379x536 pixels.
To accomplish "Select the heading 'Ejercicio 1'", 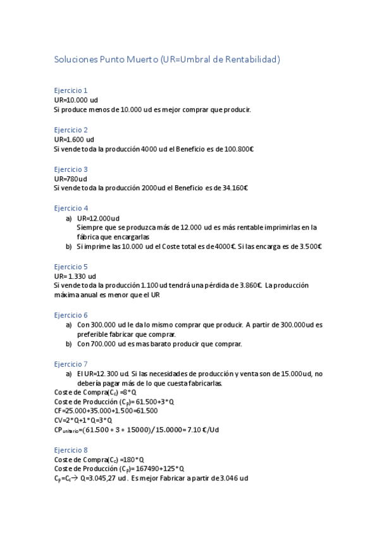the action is point(71,90).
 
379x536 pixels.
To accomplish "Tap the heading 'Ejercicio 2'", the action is point(71,130).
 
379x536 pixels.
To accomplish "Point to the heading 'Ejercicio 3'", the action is point(71,169).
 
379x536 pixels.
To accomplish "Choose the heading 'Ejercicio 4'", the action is point(71,208).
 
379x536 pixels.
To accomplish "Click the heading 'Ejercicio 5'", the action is point(71,267).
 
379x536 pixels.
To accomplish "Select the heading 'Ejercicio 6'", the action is point(71,315).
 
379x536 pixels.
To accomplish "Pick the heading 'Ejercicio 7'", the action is point(71,364).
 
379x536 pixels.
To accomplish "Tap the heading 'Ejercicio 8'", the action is point(71,449).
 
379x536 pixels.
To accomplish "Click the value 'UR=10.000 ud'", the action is point(76,100).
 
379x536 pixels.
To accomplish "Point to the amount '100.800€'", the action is point(239,149).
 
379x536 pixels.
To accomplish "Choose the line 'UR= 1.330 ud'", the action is point(75,276).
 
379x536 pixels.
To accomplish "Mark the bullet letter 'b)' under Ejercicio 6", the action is point(69,344).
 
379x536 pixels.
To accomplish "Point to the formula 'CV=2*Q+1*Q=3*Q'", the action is point(83,420).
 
